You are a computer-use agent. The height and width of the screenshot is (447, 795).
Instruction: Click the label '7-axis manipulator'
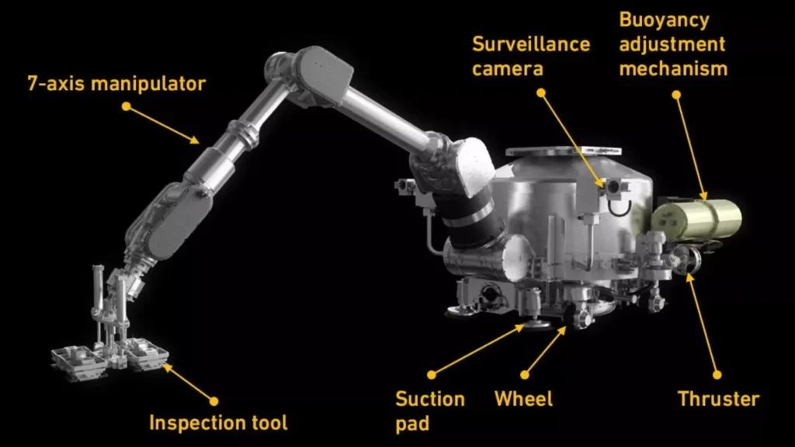[x=116, y=83]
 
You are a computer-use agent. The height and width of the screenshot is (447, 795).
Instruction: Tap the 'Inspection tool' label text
[x=218, y=423]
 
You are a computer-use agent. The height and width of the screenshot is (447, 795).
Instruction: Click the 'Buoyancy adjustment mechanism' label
[x=673, y=43]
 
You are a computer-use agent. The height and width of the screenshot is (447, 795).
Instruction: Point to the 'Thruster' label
[x=718, y=400]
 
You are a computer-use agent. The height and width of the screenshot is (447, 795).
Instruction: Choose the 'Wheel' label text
[x=524, y=400]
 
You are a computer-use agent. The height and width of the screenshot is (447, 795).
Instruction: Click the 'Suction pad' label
[x=430, y=410]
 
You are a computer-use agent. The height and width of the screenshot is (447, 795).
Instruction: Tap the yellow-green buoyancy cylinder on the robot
[x=697, y=218]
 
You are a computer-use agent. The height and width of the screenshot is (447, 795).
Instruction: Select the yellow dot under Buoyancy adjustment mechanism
[x=675, y=95]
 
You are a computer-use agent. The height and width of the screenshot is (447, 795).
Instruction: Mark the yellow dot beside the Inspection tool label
[x=214, y=401]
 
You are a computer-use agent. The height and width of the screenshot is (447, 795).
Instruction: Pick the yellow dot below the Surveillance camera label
[x=541, y=93]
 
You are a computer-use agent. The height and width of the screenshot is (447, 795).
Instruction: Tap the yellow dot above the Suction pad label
[x=432, y=375]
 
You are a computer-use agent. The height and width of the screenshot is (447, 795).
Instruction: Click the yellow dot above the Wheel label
[x=525, y=375]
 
